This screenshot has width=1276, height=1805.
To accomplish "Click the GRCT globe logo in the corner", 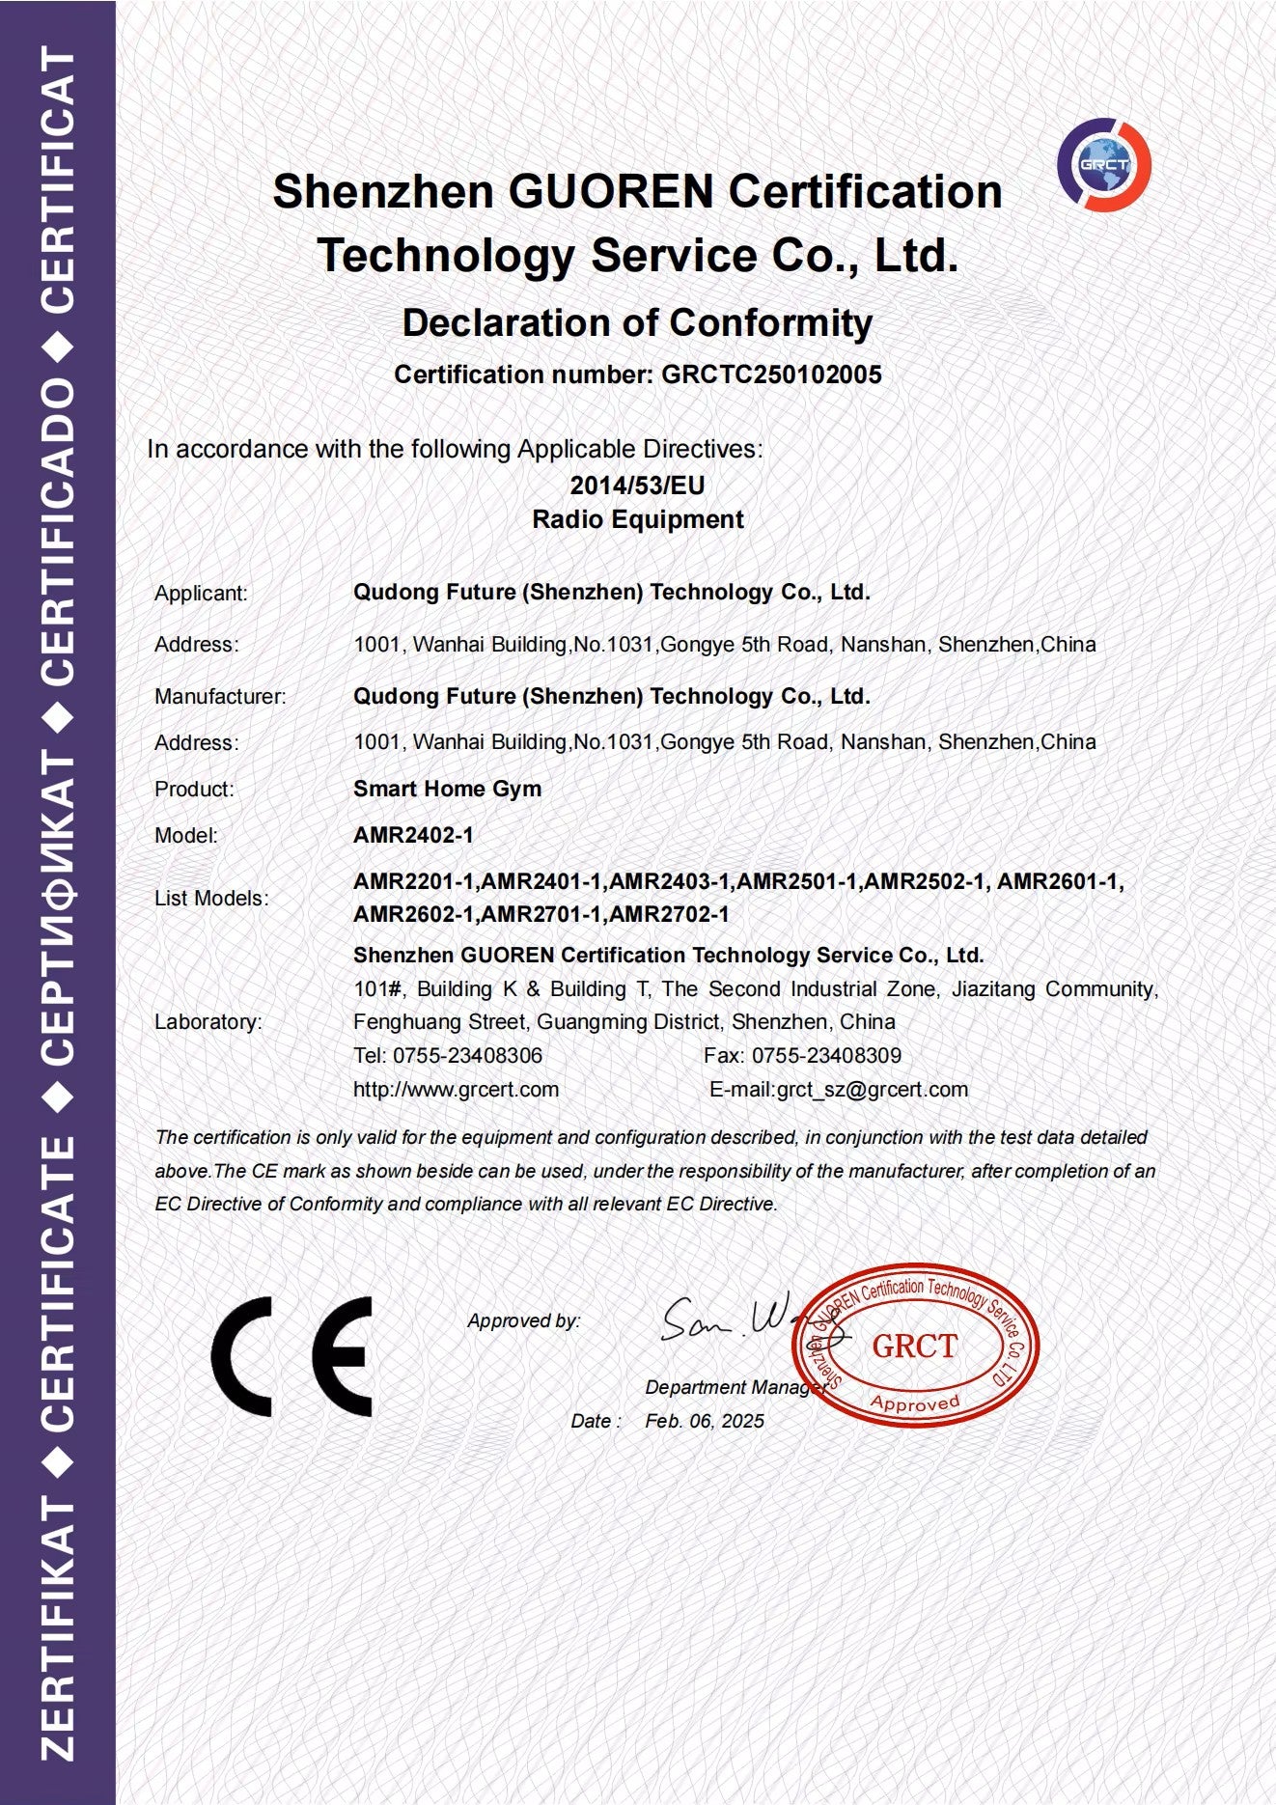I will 1104,164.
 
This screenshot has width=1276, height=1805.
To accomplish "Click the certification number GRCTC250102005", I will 771,375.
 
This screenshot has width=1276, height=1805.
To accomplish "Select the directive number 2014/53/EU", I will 637,485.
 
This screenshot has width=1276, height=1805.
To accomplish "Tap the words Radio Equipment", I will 637,519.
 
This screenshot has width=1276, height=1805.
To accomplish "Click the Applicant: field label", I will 201,594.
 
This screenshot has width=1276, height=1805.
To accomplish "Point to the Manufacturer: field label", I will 220,697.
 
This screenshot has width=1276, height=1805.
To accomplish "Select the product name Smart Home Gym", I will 447,789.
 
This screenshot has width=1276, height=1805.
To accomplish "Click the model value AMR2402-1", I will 413,835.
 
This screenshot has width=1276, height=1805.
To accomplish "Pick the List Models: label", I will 211,899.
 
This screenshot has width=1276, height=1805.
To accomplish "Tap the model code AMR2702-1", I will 670,914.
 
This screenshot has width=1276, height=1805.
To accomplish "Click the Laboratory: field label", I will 208,1022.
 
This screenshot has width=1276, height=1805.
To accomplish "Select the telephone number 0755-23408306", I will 467,1056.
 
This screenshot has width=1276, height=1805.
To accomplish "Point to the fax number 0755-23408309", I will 826,1056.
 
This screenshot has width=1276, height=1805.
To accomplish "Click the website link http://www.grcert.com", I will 456,1090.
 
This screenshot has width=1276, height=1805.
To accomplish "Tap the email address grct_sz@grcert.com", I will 872,1090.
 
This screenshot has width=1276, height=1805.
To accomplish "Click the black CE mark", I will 291,1356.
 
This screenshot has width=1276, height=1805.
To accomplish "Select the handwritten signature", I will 734,1320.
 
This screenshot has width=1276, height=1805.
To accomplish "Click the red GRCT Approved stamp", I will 915,1346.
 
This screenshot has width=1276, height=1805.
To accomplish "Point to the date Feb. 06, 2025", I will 705,1421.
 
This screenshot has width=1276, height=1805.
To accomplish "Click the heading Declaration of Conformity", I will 637,322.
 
